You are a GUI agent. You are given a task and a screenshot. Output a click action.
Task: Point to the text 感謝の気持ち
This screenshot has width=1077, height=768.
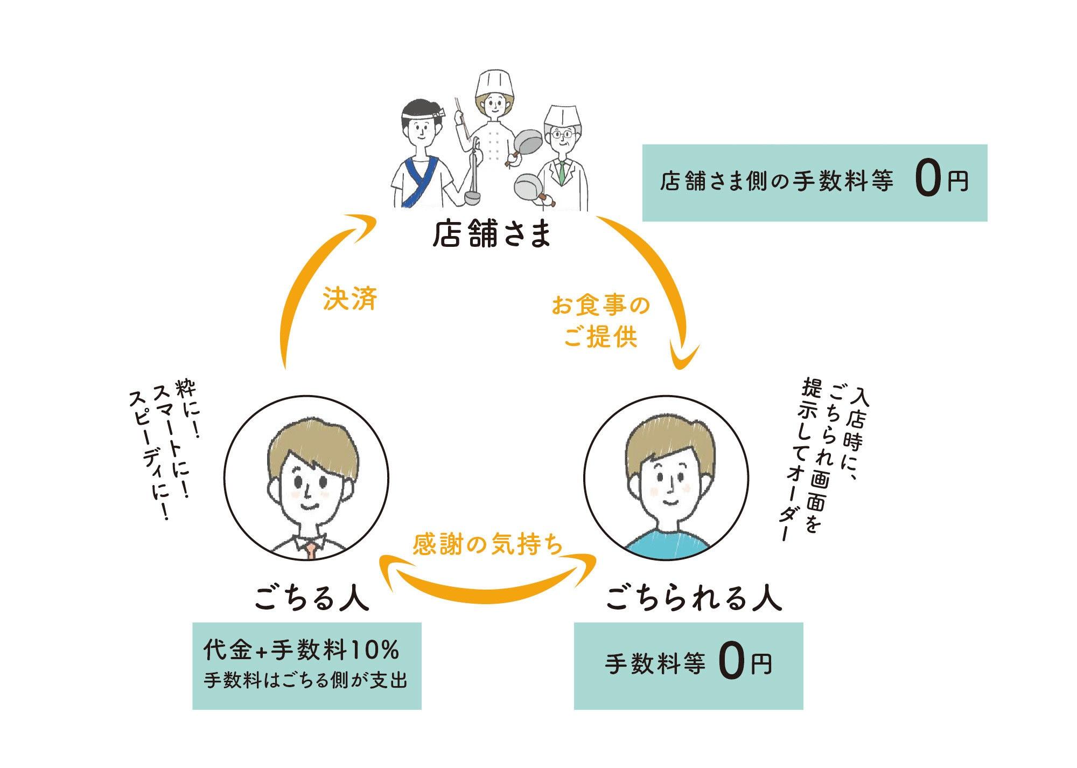pos(487,545)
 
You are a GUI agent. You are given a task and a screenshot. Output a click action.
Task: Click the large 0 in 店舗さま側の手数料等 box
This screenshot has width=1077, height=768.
pos(927,182)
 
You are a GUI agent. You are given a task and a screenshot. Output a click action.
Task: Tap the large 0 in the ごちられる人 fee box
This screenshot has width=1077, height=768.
pos(731,663)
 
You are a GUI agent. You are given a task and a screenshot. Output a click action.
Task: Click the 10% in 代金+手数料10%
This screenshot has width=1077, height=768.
pos(375,650)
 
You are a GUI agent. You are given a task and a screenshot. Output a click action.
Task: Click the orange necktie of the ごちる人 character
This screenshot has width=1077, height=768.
pos(311,551)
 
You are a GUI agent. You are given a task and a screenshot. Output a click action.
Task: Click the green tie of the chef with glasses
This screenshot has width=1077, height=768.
pos(562,171)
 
